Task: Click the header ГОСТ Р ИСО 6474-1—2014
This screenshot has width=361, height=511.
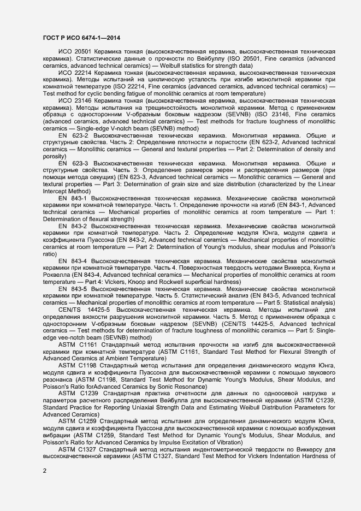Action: (x=81, y=37)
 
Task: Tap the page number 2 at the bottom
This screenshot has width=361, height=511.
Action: (x=44, y=470)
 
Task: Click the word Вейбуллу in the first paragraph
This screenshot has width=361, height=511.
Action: (x=201, y=58)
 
